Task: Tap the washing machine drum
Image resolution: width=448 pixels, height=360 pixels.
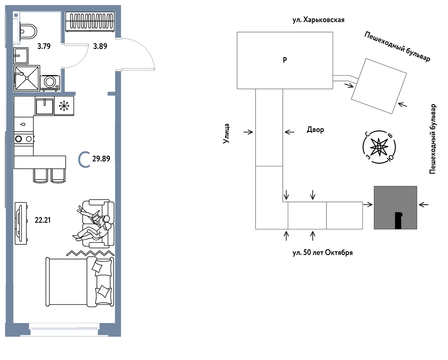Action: pyautogui.click(x=50, y=81)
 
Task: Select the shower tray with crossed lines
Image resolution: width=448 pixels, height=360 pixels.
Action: pyautogui.click(x=27, y=78)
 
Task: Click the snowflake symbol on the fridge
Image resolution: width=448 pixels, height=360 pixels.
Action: pyautogui.click(x=64, y=106)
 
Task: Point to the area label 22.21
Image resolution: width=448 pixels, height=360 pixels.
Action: pyautogui.click(x=43, y=220)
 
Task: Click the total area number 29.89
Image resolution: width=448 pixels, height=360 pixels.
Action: pyautogui.click(x=101, y=159)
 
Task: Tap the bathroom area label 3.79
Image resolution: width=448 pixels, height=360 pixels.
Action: pyautogui.click(x=44, y=46)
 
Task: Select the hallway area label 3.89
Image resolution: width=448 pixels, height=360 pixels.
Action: pyautogui.click(x=100, y=46)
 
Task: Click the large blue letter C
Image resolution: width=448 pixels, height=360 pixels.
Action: pyautogui.click(x=84, y=160)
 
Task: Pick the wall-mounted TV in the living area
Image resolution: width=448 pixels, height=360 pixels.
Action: pyautogui.click(x=21, y=223)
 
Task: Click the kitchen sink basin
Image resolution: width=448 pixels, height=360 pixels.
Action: pyautogui.click(x=45, y=106)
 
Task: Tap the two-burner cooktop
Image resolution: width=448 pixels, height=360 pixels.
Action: pyautogui.click(x=24, y=139)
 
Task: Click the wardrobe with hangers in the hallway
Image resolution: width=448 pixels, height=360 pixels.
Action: pyautogui.click(x=90, y=22)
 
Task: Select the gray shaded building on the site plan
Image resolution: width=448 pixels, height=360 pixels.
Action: pyautogui.click(x=395, y=207)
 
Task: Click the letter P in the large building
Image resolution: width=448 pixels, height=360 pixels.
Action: pyautogui.click(x=285, y=60)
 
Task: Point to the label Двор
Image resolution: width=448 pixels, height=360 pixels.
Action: pyautogui.click(x=315, y=130)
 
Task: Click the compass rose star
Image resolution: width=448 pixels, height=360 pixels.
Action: pyautogui.click(x=379, y=147)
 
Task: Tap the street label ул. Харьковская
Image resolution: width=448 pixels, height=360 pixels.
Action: pyautogui.click(x=318, y=20)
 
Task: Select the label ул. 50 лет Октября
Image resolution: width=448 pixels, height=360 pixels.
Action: pyautogui.click(x=322, y=253)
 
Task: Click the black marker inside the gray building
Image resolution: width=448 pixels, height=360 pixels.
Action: pyautogui.click(x=398, y=221)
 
